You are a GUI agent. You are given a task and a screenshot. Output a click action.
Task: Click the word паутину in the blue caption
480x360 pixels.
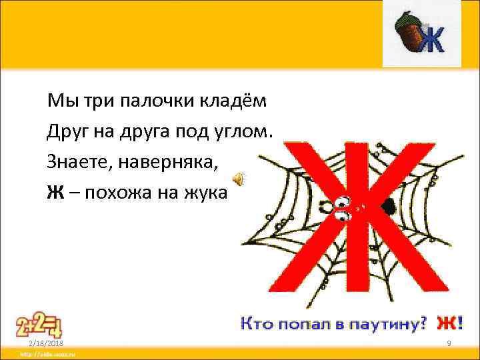coord(389,325)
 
